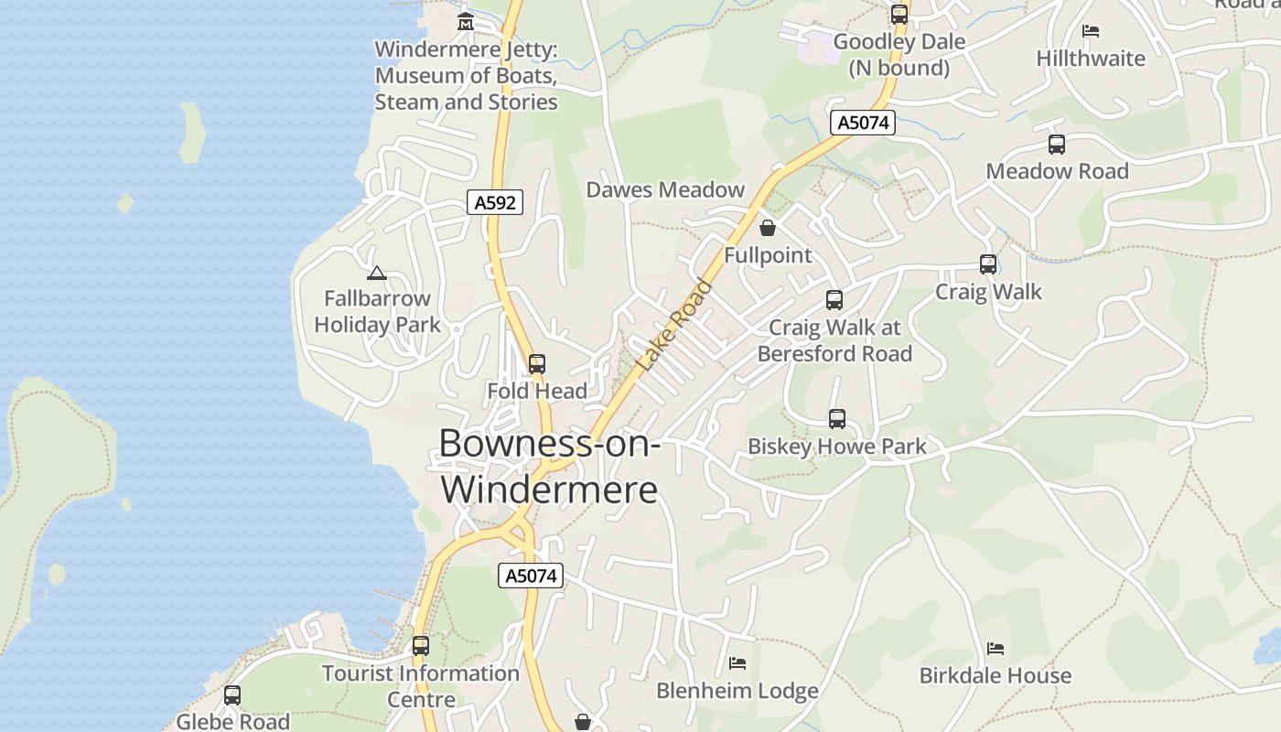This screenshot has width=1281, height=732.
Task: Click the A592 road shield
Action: click(495, 202)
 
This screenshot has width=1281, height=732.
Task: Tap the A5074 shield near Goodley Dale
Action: click(863, 123)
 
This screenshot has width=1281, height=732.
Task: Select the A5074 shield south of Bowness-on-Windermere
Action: click(531, 576)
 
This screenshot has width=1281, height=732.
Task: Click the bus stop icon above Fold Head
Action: click(537, 364)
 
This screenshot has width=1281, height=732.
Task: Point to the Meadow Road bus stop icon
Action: click(1057, 145)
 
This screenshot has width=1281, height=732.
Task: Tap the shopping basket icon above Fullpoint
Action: click(768, 228)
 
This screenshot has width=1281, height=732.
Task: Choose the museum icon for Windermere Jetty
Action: click(466, 21)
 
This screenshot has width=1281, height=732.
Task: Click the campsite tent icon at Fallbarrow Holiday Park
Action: click(376, 273)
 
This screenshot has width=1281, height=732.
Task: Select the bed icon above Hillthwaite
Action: click(1090, 31)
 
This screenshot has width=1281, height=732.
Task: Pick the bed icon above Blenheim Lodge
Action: click(737, 662)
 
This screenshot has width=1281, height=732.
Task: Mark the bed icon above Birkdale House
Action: click(996, 649)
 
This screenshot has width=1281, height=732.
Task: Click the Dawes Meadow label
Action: click(665, 189)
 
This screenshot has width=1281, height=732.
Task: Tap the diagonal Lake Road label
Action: click(674, 324)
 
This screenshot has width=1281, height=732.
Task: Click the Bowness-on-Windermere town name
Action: click(549, 466)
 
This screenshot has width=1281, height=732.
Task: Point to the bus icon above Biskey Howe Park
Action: click(837, 419)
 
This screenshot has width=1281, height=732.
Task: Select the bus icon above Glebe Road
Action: click(232, 695)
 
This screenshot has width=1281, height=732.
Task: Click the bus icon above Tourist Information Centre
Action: click(421, 646)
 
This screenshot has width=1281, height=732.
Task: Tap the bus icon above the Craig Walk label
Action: click(988, 264)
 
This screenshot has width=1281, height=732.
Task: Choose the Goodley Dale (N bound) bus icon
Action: click(899, 15)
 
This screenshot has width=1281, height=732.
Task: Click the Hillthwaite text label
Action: click(1090, 59)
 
